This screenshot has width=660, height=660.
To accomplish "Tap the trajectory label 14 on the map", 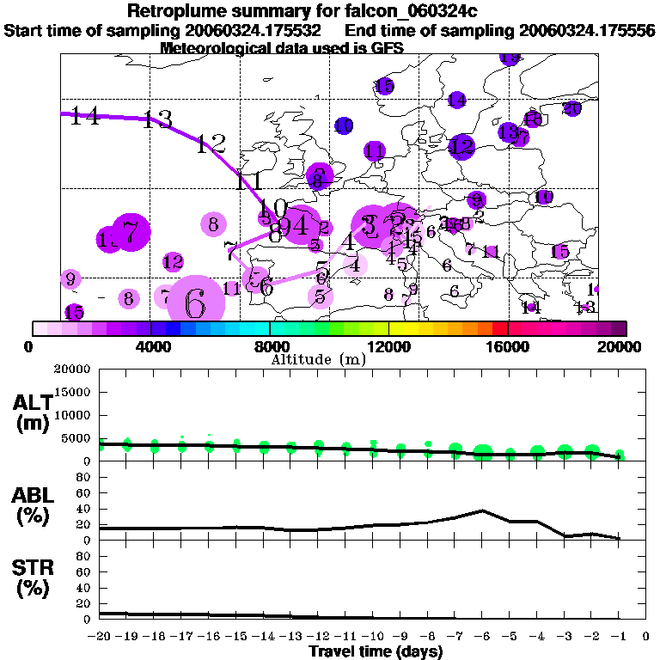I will pyautogui.click(x=85, y=117).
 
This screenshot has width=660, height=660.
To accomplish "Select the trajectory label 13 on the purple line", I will pyautogui.click(x=158, y=119).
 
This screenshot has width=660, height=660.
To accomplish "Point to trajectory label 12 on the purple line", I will pyautogui.click(x=211, y=144).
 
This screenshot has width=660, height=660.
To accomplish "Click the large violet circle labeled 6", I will pyautogui.click(x=195, y=302).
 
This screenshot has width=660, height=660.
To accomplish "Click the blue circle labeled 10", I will pyautogui.click(x=344, y=126).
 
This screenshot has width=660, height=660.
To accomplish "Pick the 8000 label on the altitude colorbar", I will pyautogui.click(x=270, y=347).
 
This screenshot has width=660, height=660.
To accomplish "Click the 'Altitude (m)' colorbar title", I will pyautogui.click(x=319, y=358).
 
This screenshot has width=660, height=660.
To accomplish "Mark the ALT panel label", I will pyautogui.click(x=32, y=411).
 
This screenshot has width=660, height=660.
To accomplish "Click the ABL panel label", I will pyautogui.click(x=32, y=504).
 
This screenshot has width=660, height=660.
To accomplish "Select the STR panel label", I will pyautogui.click(x=32, y=577).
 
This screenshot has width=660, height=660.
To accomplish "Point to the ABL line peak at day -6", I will pyautogui.click(x=484, y=510).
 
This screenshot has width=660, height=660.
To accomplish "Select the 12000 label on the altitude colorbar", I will pyautogui.click(x=389, y=347).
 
